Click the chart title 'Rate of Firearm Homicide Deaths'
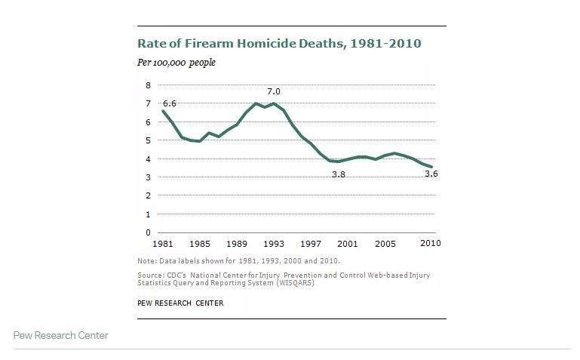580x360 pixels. (278, 44)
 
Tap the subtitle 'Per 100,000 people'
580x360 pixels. (176, 63)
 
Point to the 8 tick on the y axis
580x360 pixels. (148, 85)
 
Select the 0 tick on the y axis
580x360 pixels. (148, 232)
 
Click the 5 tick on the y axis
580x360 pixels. (148, 140)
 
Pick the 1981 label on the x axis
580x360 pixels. (163, 245)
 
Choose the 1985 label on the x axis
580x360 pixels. (200, 245)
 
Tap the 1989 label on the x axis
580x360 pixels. (237, 245)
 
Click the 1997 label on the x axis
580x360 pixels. (311, 245)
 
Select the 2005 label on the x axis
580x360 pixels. (385, 245)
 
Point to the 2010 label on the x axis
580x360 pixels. (431, 245)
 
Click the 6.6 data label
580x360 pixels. (170, 103)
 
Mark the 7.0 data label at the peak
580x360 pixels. (274, 91)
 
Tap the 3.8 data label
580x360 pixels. (339, 174)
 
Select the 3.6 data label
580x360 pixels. (431, 174)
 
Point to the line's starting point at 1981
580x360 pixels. (163, 112)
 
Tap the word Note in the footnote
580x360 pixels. (146, 261)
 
